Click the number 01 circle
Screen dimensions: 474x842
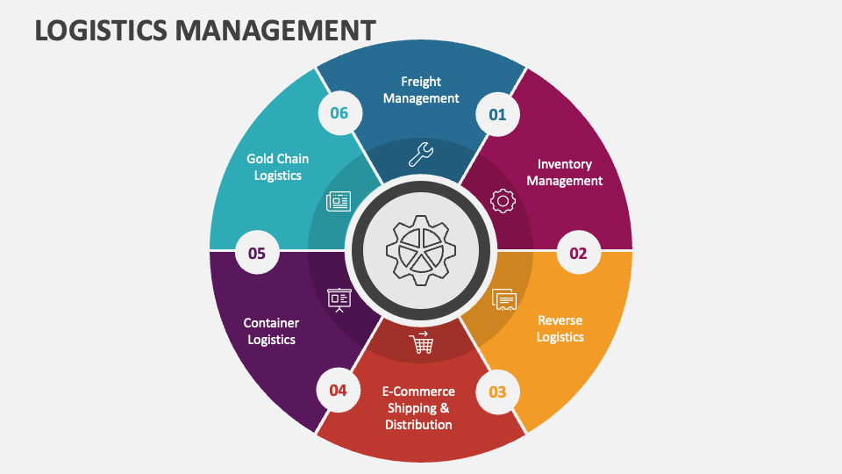tap(497, 114)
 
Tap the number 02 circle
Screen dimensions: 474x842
tap(578, 254)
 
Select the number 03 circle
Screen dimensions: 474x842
tap(497, 391)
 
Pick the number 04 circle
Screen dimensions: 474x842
tap(338, 390)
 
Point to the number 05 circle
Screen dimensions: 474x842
tap(257, 254)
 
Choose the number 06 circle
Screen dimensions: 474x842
tap(339, 113)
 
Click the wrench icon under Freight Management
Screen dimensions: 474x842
tap(421, 154)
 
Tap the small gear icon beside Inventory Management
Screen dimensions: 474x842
tap(503, 201)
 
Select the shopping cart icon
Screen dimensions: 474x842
tap(421, 343)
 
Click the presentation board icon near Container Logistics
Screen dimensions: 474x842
tap(339, 300)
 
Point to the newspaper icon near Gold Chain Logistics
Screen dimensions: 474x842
tap(339, 201)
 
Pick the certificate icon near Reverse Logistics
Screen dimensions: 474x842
tap(504, 300)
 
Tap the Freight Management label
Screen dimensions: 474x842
tap(421, 90)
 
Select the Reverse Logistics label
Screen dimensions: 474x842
tap(560, 328)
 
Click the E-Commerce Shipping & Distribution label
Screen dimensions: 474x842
tap(418, 407)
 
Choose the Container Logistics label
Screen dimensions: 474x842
tap(271, 331)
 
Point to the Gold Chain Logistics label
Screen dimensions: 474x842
tap(277, 167)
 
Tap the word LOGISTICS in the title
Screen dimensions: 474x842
tap(101, 31)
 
